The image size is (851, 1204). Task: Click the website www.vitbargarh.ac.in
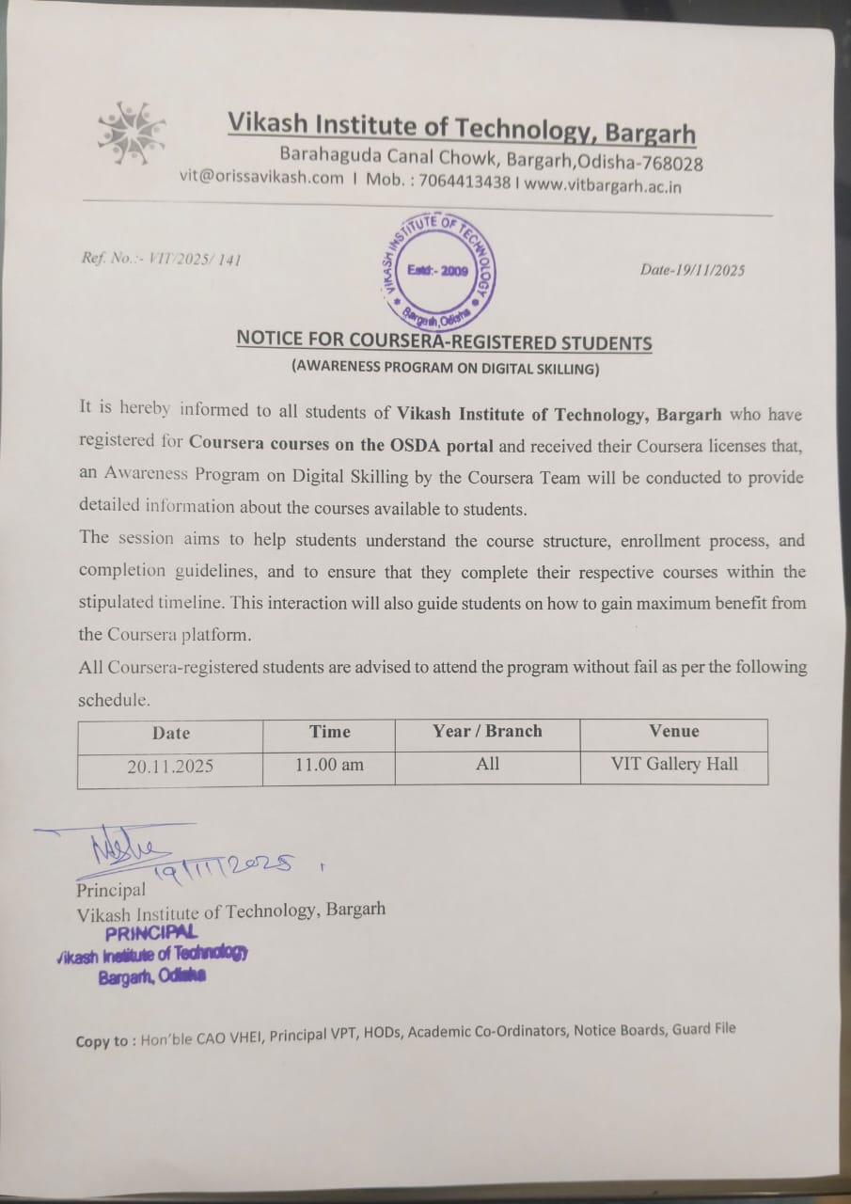coord(603,185)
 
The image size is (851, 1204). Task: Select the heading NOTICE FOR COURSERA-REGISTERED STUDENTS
coord(444,341)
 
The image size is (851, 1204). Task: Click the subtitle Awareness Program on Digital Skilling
coord(444,369)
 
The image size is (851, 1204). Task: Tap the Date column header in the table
coord(170,733)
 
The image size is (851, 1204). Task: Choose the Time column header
coord(329,731)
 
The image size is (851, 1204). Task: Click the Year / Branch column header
coord(487,731)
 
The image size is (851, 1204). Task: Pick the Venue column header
coord(673,730)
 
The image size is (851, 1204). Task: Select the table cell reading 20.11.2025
coord(170,766)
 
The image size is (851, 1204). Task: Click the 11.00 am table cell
coord(329,765)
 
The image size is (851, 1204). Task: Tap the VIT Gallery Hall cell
coord(673,764)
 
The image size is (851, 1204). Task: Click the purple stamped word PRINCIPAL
coord(150,932)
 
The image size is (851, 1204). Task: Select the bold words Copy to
coord(104,1040)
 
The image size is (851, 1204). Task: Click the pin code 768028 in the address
coord(671,164)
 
